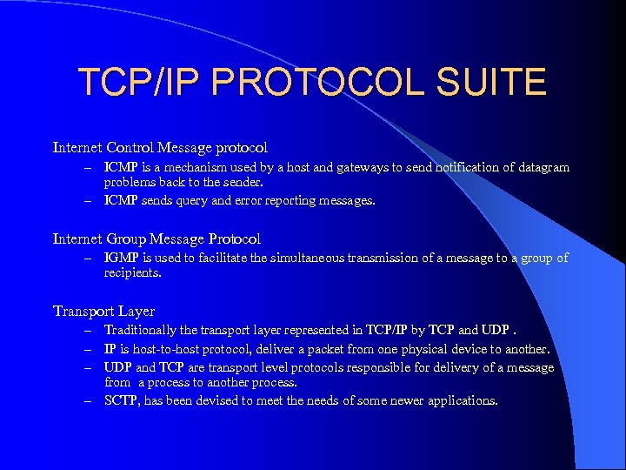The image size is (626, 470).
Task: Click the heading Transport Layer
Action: (x=103, y=311)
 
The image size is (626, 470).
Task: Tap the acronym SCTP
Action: (x=121, y=401)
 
